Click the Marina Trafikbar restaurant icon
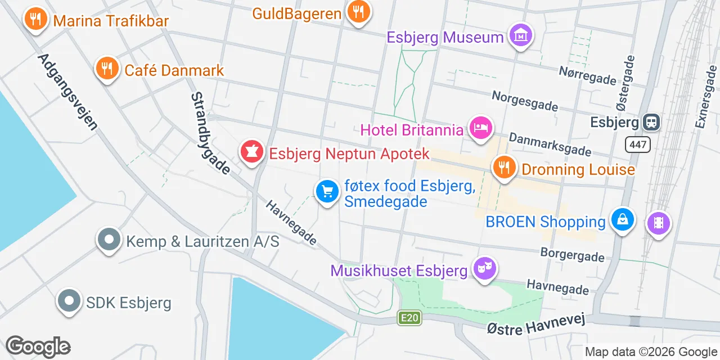point(35,20)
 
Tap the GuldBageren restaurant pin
point(358,11)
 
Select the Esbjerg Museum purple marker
point(520,36)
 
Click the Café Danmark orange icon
point(106,69)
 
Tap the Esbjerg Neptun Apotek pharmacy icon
point(251,152)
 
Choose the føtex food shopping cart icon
point(327,192)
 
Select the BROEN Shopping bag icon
point(623,220)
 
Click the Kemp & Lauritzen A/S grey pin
point(110,240)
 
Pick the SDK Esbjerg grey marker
point(69,302)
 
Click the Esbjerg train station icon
point(652,121)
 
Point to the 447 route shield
point(638,145)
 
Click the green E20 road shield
point(409,318)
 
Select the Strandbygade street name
point(210,133)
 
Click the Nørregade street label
point(587,75)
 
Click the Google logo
point(38,346)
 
